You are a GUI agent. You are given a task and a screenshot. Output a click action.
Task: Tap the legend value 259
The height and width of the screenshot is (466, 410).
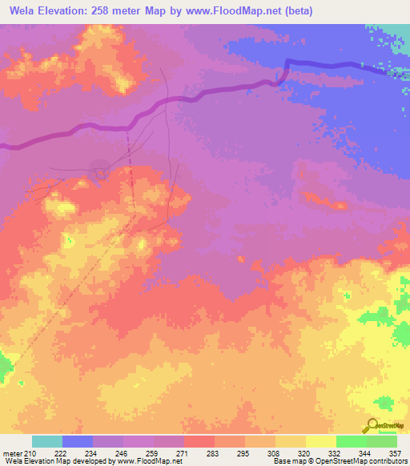pyautogui.click(x=152, y=453)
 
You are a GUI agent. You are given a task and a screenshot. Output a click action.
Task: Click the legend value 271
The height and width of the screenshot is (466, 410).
pyautogui.click(x=183, y=453)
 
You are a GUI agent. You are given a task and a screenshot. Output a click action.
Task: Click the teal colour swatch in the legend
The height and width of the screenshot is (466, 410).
pyautogui.click(x=47, y=441)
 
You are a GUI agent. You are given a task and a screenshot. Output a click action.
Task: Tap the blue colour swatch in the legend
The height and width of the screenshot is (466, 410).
pyautogui.click(x=78, y=441)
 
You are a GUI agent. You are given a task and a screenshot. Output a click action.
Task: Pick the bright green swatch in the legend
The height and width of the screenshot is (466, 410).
pyautogui.click(x=351, y=441)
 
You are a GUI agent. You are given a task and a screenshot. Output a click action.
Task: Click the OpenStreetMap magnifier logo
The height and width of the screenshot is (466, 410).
pyautogui.click(x=372, y=425)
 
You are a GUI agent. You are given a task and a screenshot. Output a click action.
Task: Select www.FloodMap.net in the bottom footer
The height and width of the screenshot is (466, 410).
pyautogui.click(x=149, y=461)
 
